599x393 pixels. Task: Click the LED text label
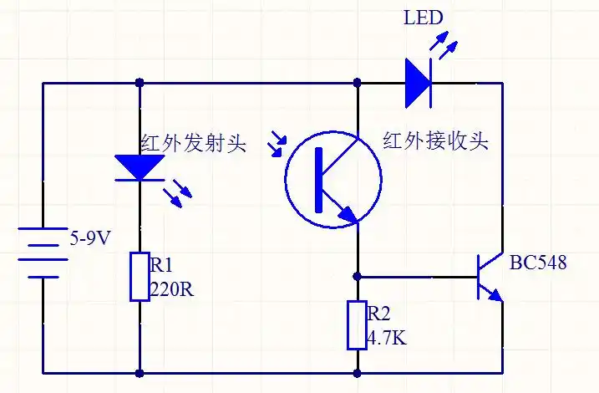(x=423, y=18)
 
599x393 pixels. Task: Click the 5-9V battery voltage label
(x=89, y=238)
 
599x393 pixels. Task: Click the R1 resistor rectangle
(x=139, y=277)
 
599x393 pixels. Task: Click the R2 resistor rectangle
(x=357, y=325)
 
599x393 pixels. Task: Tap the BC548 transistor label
(x=538, y=263)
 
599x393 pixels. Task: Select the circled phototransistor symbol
(x=333, y=178)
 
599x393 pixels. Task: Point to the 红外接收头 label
(x=435, y=140)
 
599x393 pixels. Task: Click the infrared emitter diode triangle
(x=139, y=167)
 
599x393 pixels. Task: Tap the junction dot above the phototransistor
(x=358, y=83)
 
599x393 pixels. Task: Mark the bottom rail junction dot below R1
(x=139, y=373)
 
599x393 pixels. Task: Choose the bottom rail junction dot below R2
(x=358, y=373)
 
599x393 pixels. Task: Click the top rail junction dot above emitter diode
(x=139, y=83)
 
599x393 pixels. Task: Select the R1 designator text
(x=160, y=266)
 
